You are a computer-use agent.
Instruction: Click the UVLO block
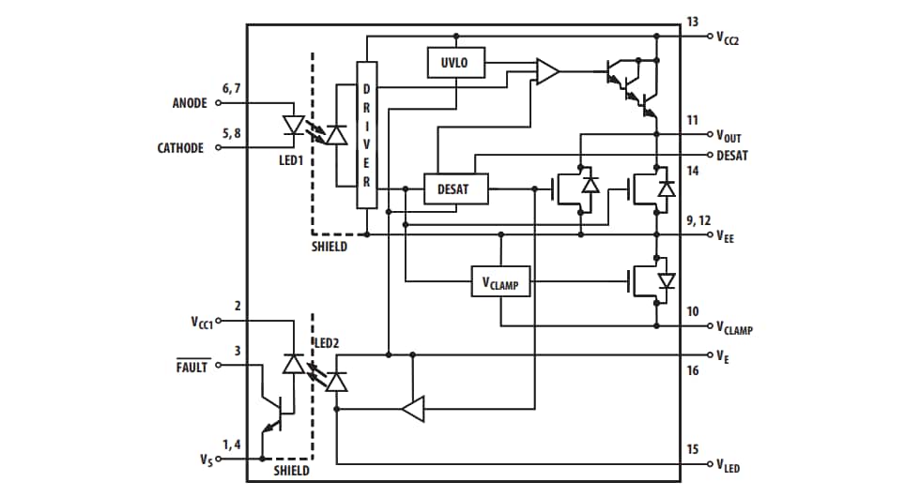(x=455, y=63)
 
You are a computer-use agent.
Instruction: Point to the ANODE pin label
(x=190, y=104)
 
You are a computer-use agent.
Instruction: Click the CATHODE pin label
(x=180, y=148)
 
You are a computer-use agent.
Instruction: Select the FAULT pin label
(x=192, y=368)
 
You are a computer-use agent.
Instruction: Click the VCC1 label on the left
(x=202, y=322)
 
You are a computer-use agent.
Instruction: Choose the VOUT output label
(x=728, y=137)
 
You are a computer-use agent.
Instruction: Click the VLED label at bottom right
(x=728, y=465)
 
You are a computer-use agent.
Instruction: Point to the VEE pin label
(x=726, y=238)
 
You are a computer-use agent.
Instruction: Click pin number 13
(x=692, y=22)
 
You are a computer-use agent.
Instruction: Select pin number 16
(x=692, y=371)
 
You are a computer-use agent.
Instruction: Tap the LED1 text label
(x=291, y=160)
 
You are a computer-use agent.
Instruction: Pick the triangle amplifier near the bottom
(x=413, y=409)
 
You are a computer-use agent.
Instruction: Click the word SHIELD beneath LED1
(x=330, y=248)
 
